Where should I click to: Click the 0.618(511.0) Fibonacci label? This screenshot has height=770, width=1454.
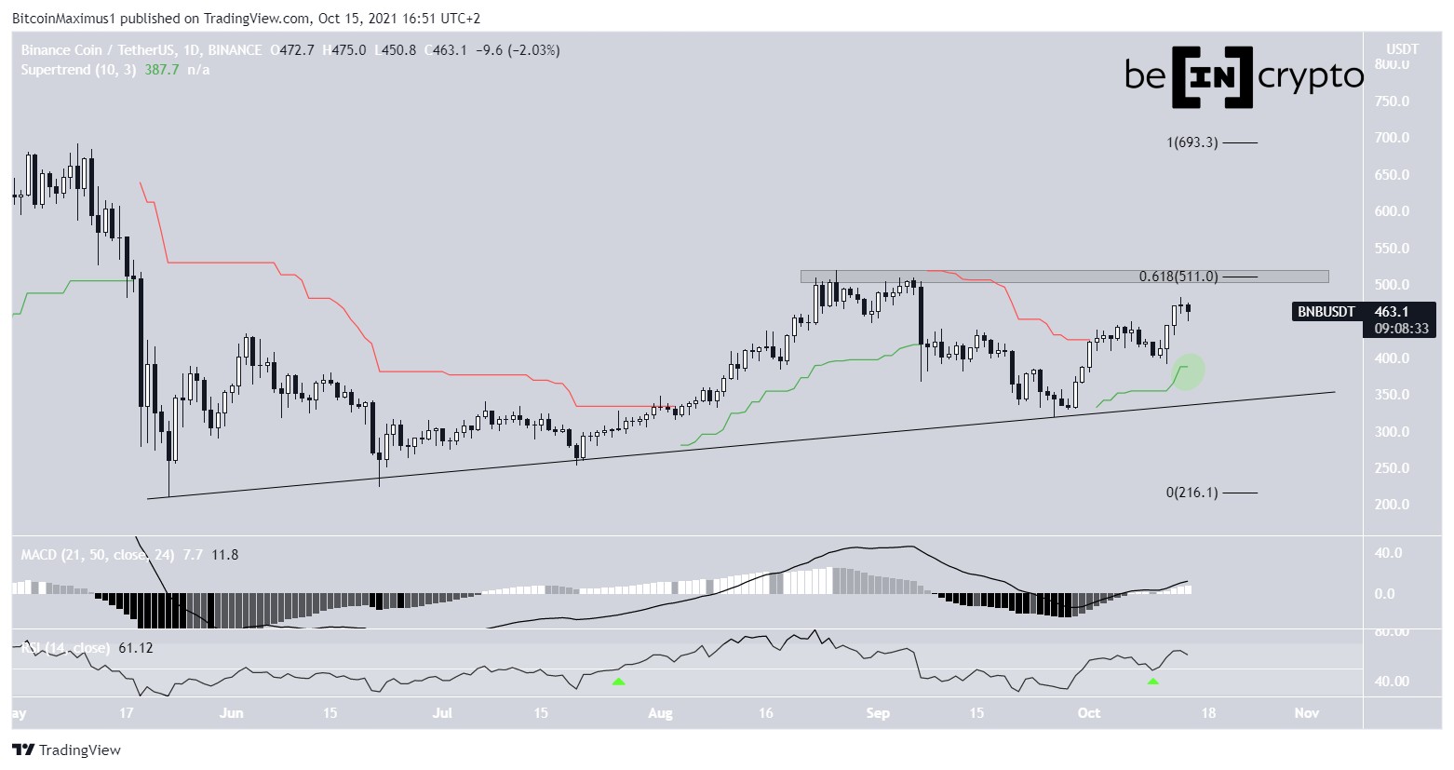coord(1178,277)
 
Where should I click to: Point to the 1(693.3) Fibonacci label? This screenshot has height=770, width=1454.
coord(1191,142)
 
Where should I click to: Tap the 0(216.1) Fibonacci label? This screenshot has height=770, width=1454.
coord(1191,493)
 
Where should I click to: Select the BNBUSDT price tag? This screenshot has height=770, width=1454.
coord(1326,312)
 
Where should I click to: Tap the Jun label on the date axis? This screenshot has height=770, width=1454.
coord(231,713)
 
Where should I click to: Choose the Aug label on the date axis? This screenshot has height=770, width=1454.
coord(659,713)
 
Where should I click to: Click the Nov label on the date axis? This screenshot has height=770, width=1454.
coord(1307,713)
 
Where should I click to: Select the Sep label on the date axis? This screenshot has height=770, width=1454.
coord(878,713)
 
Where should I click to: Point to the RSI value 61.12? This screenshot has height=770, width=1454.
coord(136,648)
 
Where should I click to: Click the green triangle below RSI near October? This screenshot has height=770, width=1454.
coord(1153,682)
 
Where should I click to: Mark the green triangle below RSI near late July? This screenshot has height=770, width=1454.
coord(618,682)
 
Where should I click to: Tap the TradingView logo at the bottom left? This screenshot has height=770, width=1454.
coord(66,750)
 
